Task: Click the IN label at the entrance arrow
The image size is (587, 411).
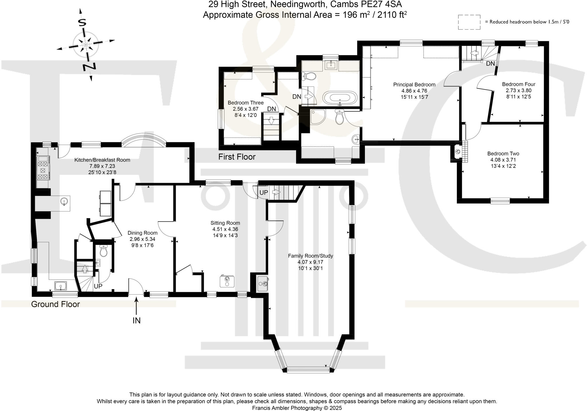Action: (136, 320)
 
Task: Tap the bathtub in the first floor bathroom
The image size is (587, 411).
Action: (340, 98)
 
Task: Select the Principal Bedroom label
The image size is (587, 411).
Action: (414, 84)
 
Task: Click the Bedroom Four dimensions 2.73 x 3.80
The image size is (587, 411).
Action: (518, 91)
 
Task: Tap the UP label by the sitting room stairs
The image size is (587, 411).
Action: (263, 193)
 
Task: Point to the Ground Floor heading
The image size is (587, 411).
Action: (55, 304)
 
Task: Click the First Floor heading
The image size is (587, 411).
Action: (237, 157)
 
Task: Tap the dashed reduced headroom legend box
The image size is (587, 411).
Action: (469, 22)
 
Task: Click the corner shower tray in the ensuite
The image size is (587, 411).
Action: (317, 117)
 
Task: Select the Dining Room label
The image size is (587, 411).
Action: (142, 233)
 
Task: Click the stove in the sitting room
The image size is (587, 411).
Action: (227, 281)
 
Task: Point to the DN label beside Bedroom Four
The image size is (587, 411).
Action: (490, 64)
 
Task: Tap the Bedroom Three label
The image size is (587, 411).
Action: (246, 103)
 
